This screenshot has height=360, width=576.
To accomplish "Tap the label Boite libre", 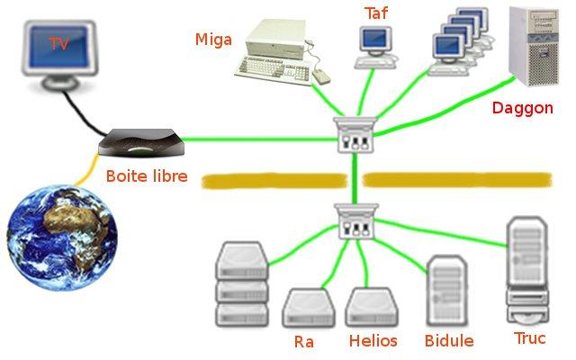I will point(147,176).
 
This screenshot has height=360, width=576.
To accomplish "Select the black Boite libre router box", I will point(141,142).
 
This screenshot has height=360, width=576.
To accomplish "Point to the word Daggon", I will point(521,109).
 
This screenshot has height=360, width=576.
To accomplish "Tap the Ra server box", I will point(303,308).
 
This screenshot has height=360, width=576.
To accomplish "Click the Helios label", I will point(372,341).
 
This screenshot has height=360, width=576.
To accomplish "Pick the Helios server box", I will point(372,307).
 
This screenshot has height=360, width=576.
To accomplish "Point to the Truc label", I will point(529,338).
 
